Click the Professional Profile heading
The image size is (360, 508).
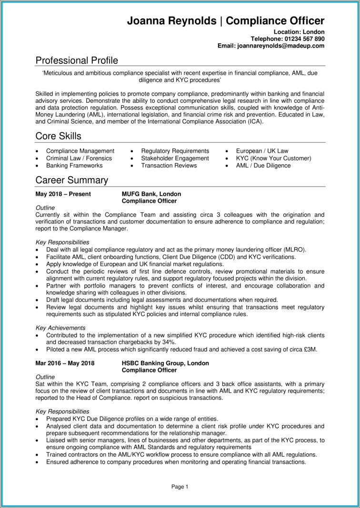(77, 60)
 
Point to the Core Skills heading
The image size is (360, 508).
(58, 136)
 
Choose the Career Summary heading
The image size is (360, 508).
(72, 180)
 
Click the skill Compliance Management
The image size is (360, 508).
(80, 151)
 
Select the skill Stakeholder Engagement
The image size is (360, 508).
(175, 158)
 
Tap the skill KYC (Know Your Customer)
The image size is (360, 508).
(273, 158)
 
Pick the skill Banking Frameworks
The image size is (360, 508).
(74, 165)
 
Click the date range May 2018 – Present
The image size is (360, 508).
(63, 194)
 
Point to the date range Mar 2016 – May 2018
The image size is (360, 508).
(65, 363)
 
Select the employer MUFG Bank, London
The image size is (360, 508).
(151, 194)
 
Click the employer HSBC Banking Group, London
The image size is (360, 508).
(165, 363)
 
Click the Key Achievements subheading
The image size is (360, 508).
(60, 328)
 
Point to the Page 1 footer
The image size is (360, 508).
(180, 487)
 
